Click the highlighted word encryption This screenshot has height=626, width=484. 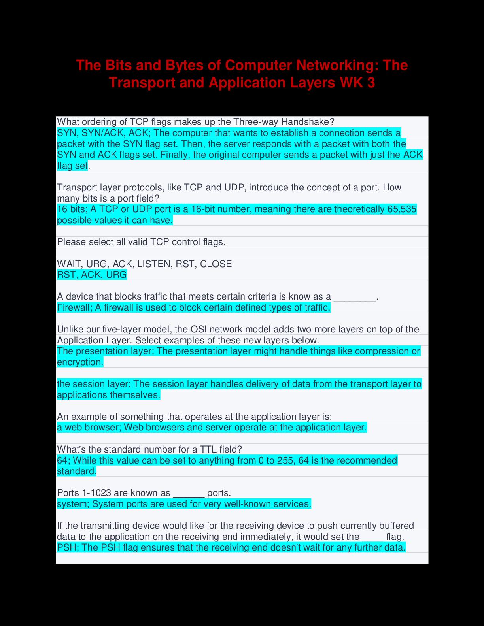pos(80,362)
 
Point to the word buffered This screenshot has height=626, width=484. pos(397,526)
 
